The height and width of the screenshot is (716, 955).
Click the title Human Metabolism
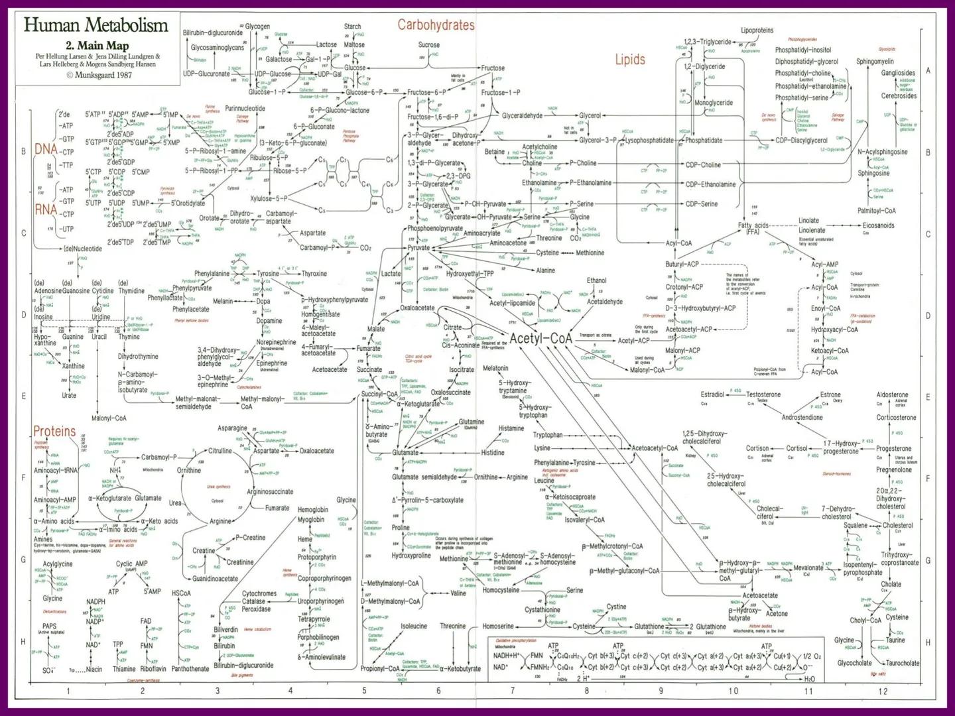(x=96, y=25)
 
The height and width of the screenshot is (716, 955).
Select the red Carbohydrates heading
(x=436, y=25)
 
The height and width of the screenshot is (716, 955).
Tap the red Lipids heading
(x=629, y=60)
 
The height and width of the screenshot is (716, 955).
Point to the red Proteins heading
(x=54, y=432)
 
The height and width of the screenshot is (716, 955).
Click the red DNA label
(x=46, y=149)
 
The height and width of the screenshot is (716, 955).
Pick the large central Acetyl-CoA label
(x=541, y=338)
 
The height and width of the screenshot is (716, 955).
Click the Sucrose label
(x=428, y=45)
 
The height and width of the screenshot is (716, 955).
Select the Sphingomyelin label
(x=875, y=62)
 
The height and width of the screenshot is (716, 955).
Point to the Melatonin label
(x=495, y=368)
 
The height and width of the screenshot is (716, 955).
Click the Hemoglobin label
(x=312, y=510)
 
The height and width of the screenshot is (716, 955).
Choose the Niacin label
(x=94, y=669)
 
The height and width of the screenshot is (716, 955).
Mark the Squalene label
(x=856, y=525)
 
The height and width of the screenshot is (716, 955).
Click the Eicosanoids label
(x=878, y=225)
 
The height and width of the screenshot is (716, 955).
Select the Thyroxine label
(x=314, y=273)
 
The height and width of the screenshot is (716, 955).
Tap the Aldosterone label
(x=892, y=394)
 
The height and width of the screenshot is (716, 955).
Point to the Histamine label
(x=511, y=428)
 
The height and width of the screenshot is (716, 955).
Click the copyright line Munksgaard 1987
(x=99, y=75)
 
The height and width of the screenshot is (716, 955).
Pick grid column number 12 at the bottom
(x=883, y=691)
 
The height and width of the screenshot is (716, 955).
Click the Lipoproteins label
(x=757, y=30)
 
